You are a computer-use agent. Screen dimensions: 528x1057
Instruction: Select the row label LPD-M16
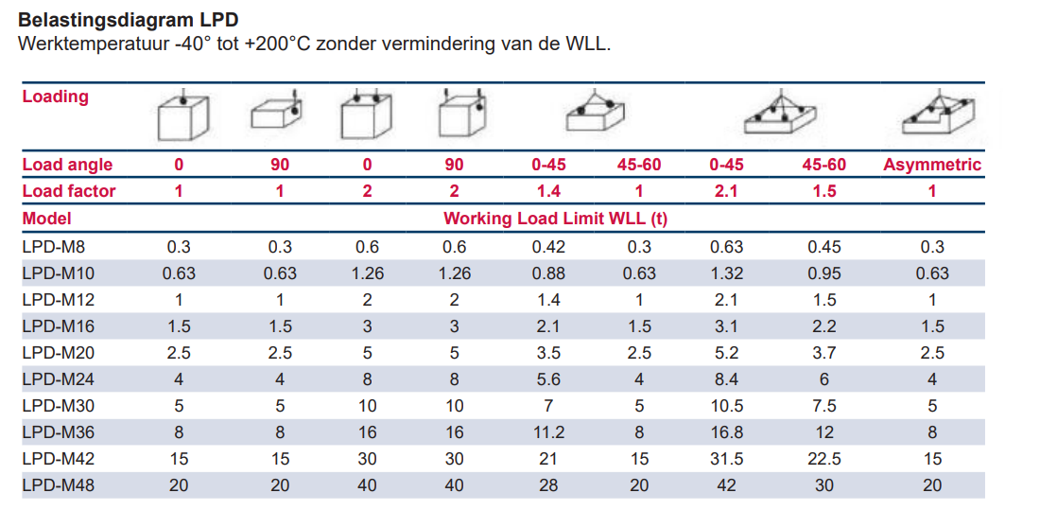pos(57,326)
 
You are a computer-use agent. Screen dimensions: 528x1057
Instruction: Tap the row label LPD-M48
pos(57,485)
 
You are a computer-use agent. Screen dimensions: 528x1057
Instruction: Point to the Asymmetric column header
pos(931,165)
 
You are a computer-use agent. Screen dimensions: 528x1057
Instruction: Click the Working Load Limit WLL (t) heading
pos(555,219)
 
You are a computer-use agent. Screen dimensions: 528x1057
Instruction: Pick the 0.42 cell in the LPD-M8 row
pos(548,247)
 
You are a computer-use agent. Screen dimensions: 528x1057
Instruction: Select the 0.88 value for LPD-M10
pos(548,273)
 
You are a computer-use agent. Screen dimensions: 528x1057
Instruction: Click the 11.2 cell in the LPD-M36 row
pos(548,432)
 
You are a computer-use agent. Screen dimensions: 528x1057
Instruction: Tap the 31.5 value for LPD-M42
pos(726,459)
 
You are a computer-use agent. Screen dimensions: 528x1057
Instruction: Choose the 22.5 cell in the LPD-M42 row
pos(824,459)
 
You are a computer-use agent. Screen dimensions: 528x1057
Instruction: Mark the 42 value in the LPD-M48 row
pos(726,485)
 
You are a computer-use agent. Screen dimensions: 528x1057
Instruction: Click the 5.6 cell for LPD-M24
pos(548,379)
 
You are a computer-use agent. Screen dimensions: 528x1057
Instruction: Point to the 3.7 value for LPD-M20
pos(824,353)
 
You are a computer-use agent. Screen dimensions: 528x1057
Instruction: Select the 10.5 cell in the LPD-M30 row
pos(726,406)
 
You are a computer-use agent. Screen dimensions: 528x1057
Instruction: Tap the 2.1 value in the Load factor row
pos(726,191)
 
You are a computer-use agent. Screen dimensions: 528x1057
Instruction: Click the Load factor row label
pos(68,191)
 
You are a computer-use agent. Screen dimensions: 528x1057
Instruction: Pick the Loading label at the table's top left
pos(55,97)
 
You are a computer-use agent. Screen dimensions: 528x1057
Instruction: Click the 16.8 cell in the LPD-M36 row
pos(726,432)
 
